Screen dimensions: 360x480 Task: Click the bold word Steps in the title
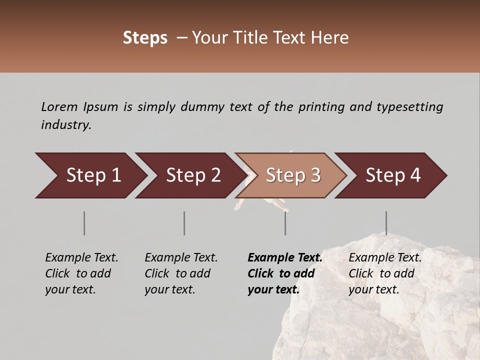click(145, 38)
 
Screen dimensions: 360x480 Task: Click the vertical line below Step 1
click(84, 223)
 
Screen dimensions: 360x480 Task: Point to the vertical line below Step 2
click(184, 223)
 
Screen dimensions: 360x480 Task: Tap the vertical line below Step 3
click(285, 223)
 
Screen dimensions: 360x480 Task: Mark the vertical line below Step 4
click(386, 223)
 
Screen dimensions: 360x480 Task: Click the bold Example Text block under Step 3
click(285, 273)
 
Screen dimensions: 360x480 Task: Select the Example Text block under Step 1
click(81, 273)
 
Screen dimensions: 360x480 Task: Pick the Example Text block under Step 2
click(181, 273)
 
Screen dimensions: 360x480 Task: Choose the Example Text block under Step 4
click(385, 273)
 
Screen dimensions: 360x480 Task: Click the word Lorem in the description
click(59, 106)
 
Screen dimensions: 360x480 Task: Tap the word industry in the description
click(66, 125)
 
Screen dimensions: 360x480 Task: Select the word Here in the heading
click(330, 38)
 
